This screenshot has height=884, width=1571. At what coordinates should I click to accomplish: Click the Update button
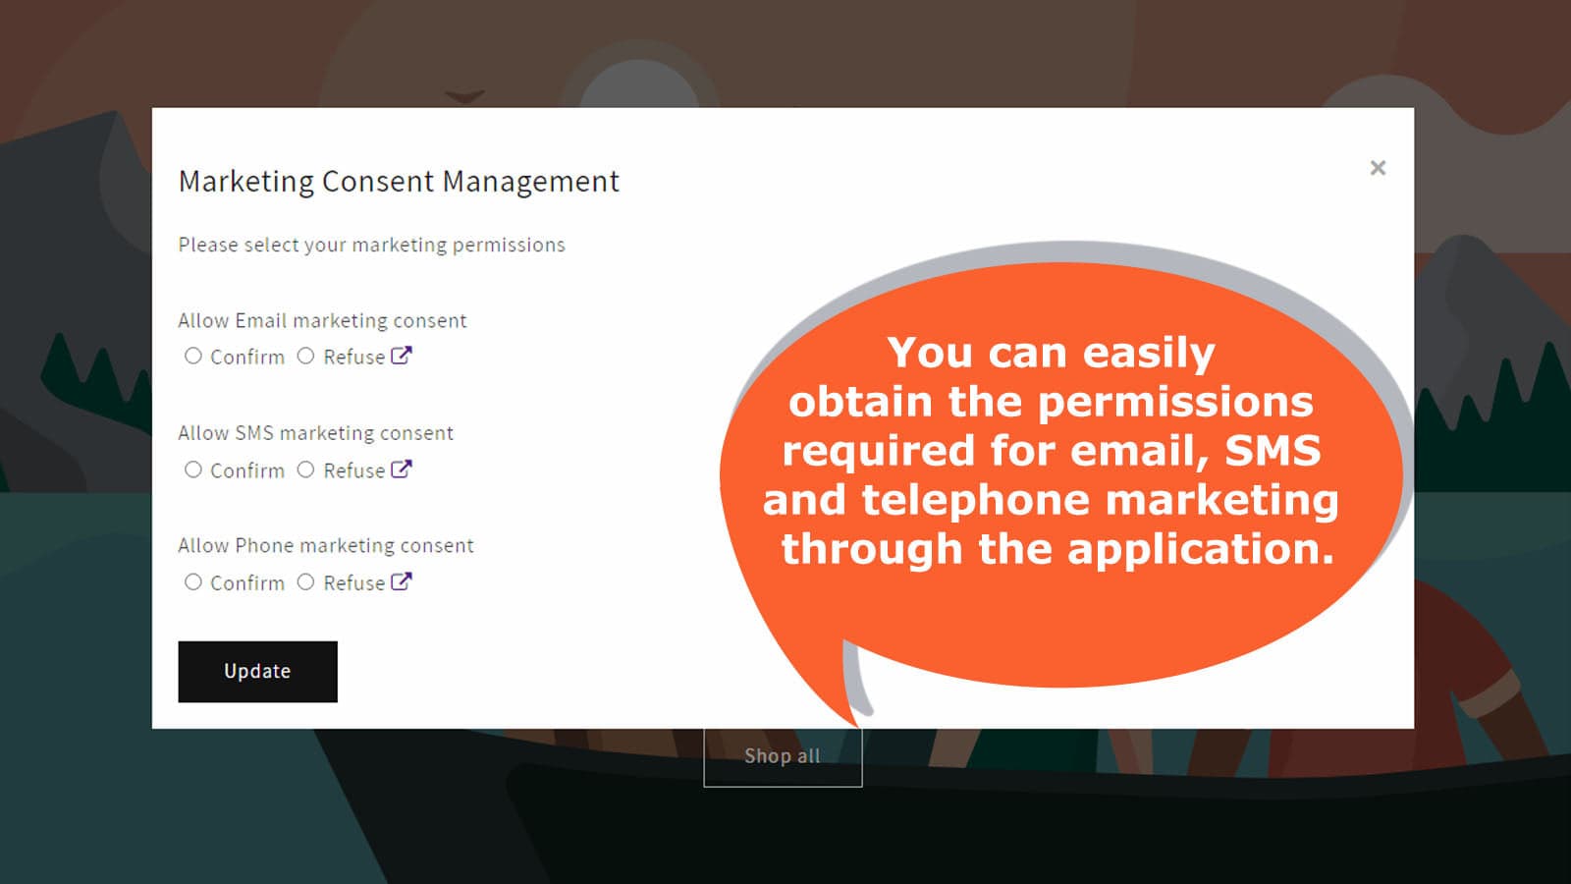click(257, 672)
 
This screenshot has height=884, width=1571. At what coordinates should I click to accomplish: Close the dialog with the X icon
click(1378, 168)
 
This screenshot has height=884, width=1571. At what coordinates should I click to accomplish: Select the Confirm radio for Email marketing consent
click(192, 356)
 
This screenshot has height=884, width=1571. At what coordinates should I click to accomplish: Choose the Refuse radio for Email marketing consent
click(305, 356)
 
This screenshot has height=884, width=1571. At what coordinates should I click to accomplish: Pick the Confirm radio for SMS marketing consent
click(192, 470)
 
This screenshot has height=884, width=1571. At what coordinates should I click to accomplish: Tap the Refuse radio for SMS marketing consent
click(305, 470)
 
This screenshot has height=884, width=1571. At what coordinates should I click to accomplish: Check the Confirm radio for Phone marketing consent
click(192, 581)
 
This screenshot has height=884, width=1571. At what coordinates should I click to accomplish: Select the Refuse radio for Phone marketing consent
click(305, 581)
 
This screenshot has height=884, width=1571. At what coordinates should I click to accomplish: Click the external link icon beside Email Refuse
click(402, 356)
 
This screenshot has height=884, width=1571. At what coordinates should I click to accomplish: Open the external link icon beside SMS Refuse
click(402, 469)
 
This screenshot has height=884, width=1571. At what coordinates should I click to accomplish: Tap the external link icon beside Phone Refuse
click(402, 581)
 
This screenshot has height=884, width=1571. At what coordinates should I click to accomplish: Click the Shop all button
click(783, 756)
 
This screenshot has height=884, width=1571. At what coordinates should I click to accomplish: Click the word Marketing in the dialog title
click(246, 182)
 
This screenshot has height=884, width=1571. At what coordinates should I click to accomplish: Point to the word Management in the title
click(531, 182)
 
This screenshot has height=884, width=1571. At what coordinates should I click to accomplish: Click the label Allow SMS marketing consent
click(315, 433)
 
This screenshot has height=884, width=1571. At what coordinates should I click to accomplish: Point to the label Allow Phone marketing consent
click(326, 546)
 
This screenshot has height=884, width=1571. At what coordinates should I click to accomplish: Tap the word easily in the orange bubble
click(1149, 353)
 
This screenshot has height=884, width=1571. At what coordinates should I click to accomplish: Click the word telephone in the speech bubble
click(976, 500)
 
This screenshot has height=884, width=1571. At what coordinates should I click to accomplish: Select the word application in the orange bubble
click(1200, 549)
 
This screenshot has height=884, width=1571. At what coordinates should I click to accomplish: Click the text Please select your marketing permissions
click(372, 246)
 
